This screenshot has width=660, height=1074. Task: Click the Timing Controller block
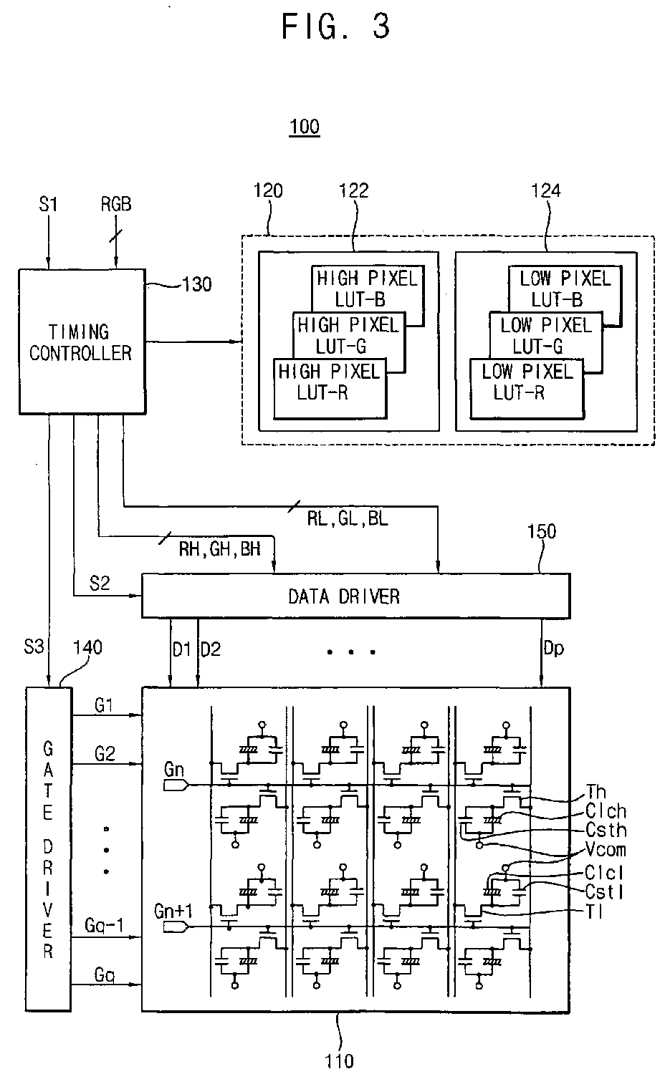(80, 342)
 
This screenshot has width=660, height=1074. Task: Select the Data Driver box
(356, 596)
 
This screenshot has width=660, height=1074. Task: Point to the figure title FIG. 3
(335, 26)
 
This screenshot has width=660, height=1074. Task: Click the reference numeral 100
(305, 128)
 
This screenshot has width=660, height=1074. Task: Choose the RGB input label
(116, 205)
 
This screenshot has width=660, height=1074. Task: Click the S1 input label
(47, 205)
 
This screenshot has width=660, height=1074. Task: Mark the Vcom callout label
(606, 850)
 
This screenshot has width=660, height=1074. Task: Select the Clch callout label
(606, 811)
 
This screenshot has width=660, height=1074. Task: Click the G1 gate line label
(105, 706)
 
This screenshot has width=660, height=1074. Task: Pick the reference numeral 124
(546, 190)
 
